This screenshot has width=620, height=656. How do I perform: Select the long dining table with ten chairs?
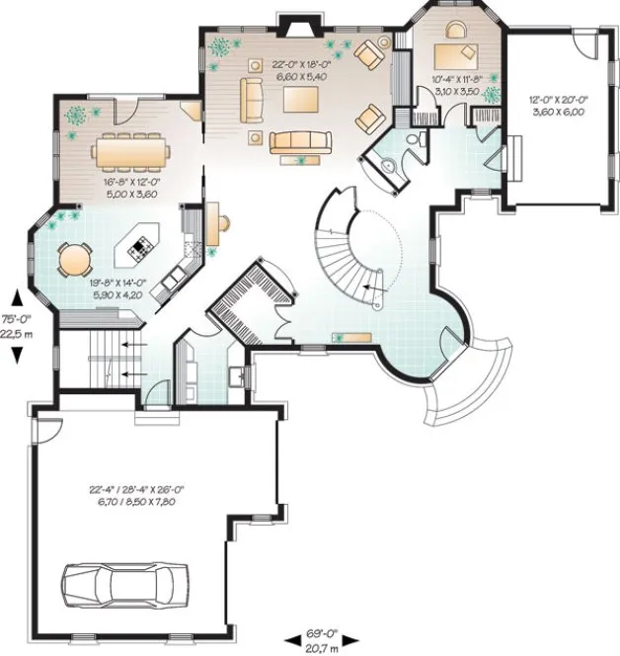pyautogui.click(x=132, y=152)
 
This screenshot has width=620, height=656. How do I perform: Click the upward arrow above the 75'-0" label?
pyautogui.click(x=17, y=296)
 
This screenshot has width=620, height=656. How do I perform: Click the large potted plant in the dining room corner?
pyautogui.click(x=75, y=114)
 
